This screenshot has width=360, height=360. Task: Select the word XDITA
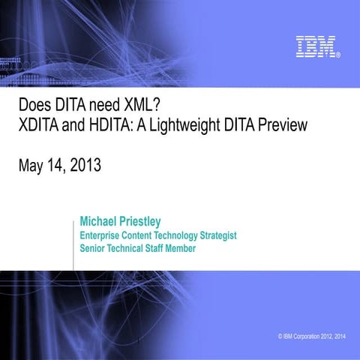[x=40, y=125]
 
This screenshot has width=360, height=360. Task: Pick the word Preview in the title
[x=282, y=125]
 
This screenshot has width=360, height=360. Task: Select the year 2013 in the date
[x=84, y=164]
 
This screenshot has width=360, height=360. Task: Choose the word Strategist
[x=215, y=235]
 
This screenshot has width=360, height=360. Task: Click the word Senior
[x=94, y=248]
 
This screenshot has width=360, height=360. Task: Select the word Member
[x=184, y=248]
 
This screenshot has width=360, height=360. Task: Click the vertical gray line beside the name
[x=73, y=240]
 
